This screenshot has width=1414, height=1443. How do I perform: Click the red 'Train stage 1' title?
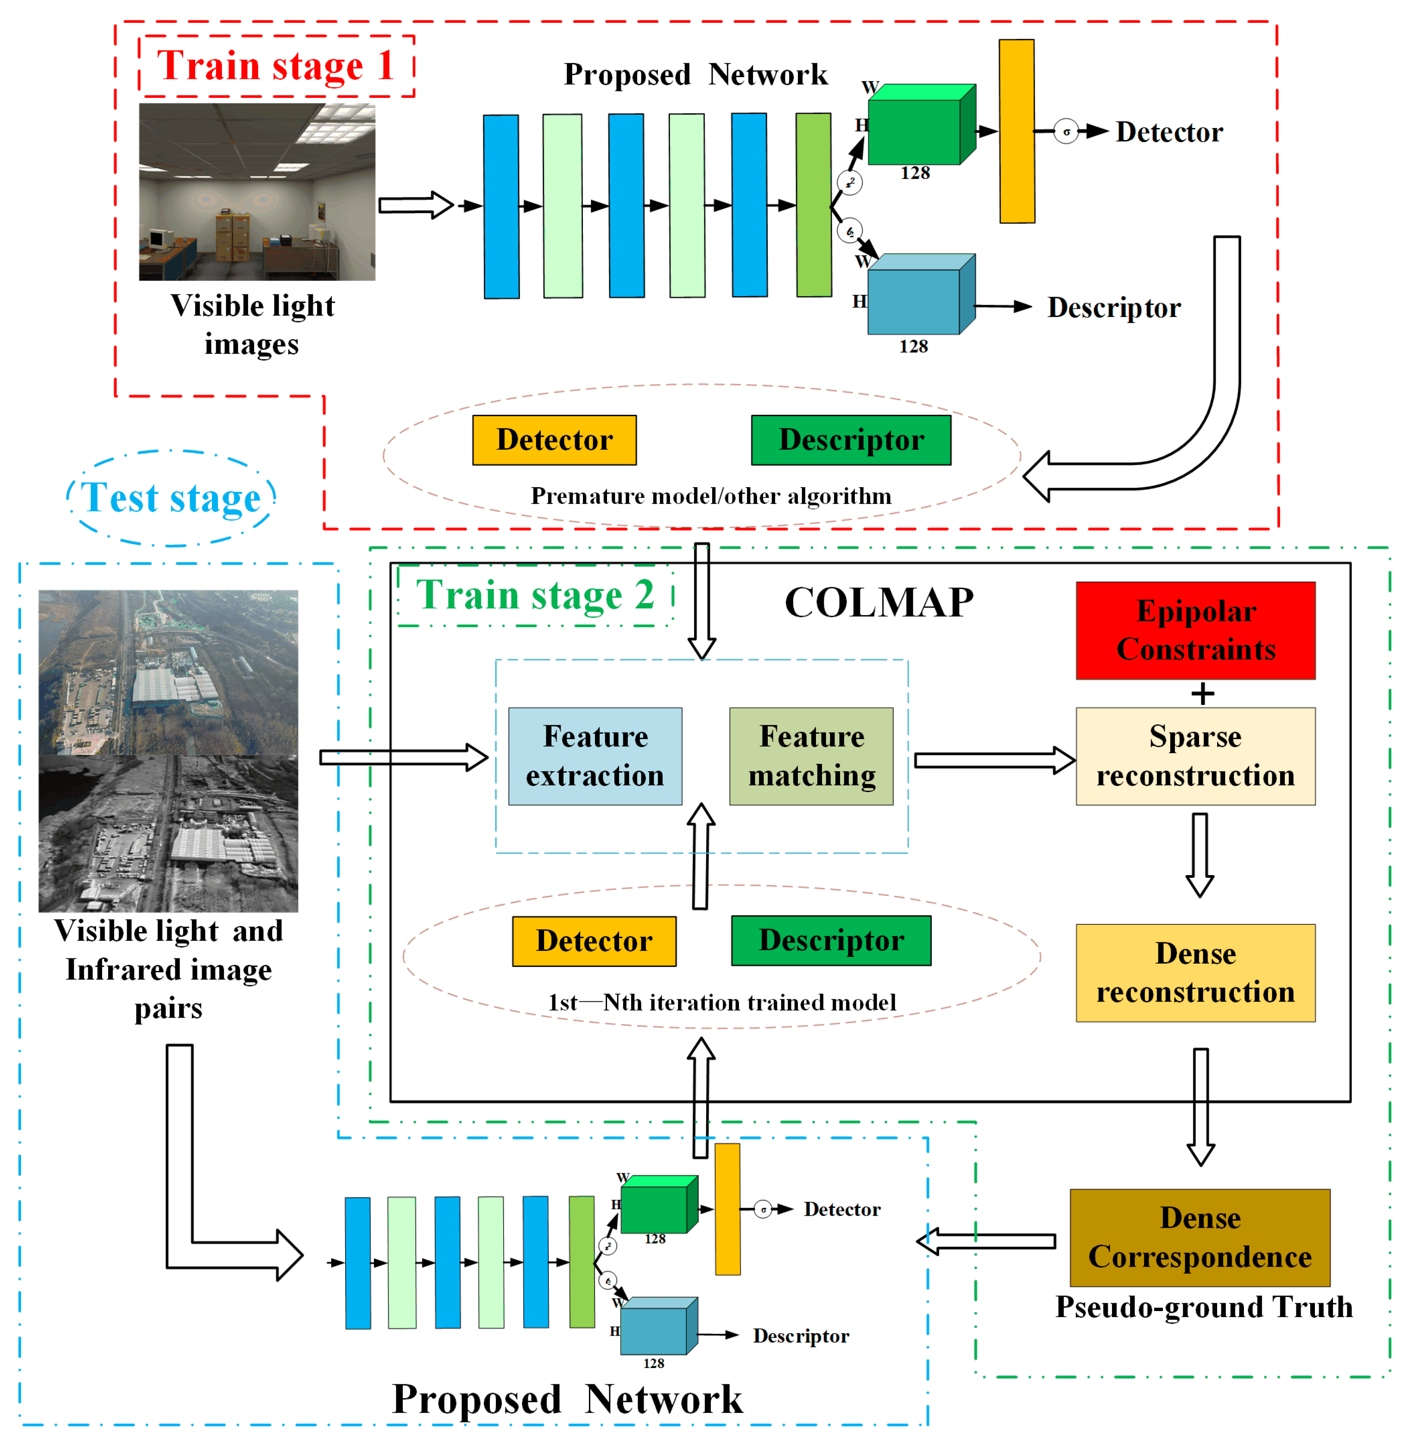[x=275, y=66]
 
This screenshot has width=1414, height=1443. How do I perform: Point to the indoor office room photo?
[x=257, y=192]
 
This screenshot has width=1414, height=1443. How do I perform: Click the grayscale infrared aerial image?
[x=168, y=834]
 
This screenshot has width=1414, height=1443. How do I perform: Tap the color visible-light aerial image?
[x=168, y=673]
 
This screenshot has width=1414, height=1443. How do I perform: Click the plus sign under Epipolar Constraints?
[x=1202, y=694]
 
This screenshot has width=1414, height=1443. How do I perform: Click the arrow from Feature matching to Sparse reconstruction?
[x=994, y=760]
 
